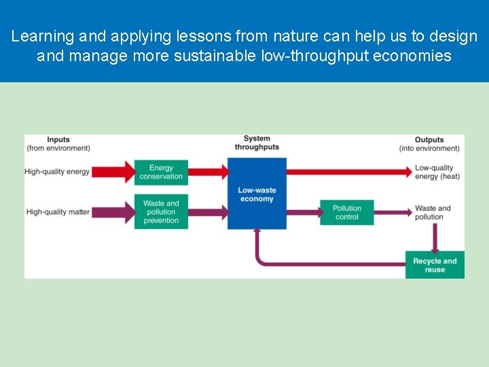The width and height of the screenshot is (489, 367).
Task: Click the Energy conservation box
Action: click(x=161, y=172)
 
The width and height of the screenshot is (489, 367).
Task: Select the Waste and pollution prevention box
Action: click(x=161, y=211)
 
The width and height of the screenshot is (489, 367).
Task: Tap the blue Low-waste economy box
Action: click(x=257, y=194)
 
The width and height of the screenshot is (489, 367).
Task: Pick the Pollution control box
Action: click(x=347, y=213)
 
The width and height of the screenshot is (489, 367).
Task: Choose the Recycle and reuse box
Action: click(x=435, y=265)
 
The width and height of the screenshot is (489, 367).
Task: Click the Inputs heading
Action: click(x=58, y=139)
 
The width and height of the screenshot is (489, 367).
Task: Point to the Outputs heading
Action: click(x=429, y=139)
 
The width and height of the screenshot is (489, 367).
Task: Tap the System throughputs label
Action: click(x=257, y=143)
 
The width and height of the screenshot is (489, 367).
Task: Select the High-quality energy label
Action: click(x=57, y=172)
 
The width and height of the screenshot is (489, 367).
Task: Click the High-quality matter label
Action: click(x=58, y=212)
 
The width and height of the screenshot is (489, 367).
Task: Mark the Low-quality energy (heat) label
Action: click(x=437, y=172)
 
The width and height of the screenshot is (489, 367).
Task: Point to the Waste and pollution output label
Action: click(x=433, y=213)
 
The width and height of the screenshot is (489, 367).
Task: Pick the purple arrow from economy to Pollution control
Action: click(x=304, y=212)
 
